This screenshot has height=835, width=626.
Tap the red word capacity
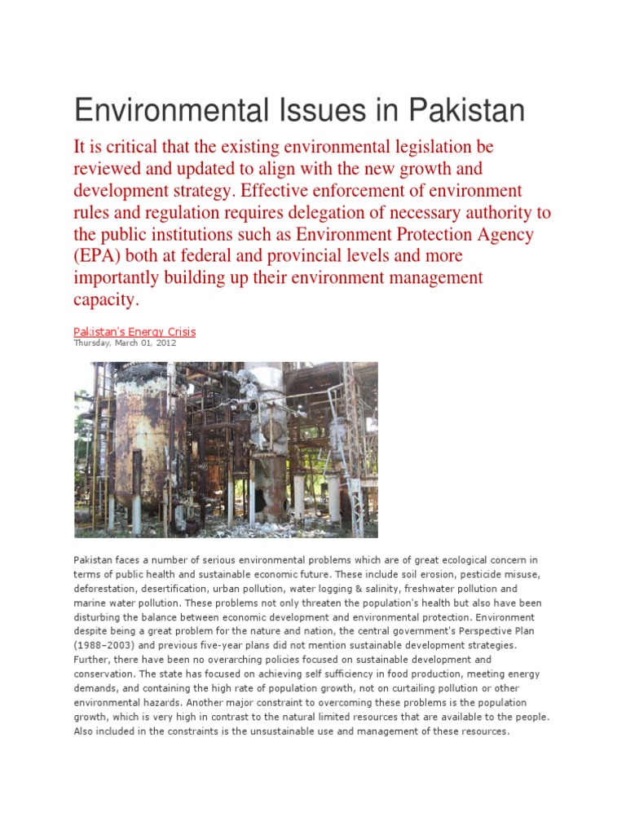tap(107, 300)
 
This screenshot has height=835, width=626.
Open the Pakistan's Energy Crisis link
tap(134, 332)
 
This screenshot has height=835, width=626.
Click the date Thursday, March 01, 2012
tap(125, 343)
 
